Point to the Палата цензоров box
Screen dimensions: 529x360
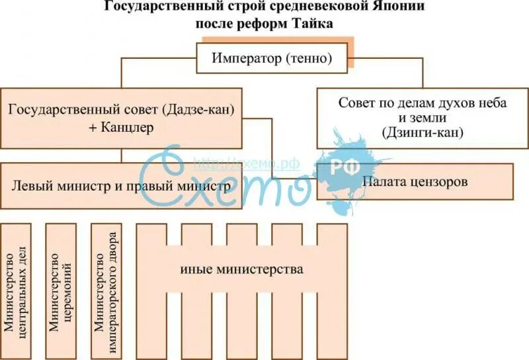[415, 181]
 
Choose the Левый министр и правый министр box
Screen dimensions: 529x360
[121, 186]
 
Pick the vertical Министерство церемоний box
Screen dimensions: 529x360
[61, 290]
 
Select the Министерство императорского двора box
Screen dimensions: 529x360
[106, 290]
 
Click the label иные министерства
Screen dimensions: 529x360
[241, 270]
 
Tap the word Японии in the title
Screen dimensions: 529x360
[400, 9]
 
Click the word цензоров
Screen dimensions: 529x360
[439, 181]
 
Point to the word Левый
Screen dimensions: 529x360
[29, 186]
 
